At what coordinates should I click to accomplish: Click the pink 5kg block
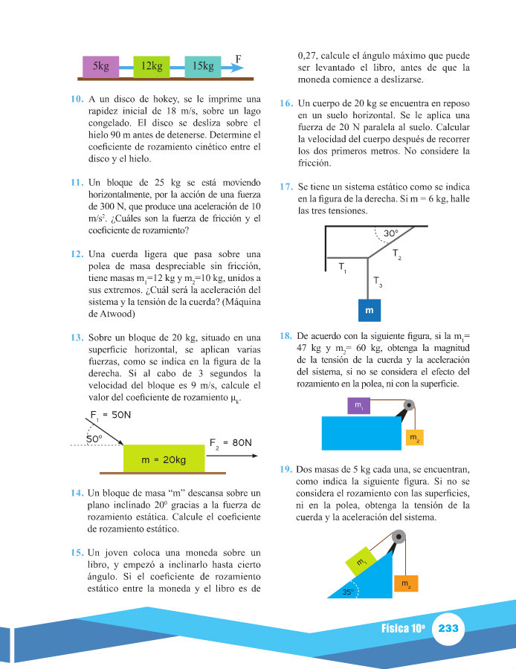point(100,66)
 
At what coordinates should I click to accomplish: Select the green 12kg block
point(151,66)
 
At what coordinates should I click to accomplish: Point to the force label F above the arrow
point(238,56)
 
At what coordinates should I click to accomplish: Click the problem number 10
point(77,99)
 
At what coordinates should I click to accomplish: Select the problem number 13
point(77,337)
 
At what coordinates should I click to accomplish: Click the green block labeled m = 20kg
point(164,460)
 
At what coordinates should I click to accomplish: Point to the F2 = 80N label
point(230,442)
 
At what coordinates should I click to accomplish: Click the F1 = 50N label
point(111,416)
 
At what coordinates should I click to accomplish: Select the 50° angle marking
point(94,439)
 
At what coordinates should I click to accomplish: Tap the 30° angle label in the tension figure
point(392,233)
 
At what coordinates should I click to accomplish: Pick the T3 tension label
point(378,282)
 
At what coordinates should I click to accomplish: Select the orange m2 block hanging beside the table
point(413,439)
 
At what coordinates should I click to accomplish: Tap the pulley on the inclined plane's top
point(399,537)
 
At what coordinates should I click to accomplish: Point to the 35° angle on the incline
point(347,592)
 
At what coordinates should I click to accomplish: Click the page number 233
point(448,629)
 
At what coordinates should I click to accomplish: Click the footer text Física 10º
point(402,629)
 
